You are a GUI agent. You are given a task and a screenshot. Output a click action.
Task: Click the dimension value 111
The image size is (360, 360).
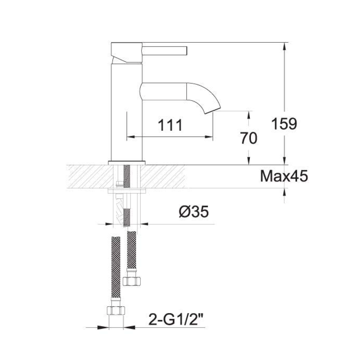(171, 125)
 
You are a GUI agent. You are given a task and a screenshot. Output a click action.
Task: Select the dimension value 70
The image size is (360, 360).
(249, 138)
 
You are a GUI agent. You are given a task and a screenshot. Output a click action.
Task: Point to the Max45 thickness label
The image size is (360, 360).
(284, 176)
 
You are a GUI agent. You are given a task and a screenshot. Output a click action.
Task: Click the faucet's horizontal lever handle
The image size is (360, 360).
(166, 50)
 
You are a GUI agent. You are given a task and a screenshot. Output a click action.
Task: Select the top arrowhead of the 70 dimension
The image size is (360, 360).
(249, 114)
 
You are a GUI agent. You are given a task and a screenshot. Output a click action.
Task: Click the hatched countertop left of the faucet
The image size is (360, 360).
(86, 176)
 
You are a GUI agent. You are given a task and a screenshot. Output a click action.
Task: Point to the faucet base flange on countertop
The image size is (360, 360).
(126, 162)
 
